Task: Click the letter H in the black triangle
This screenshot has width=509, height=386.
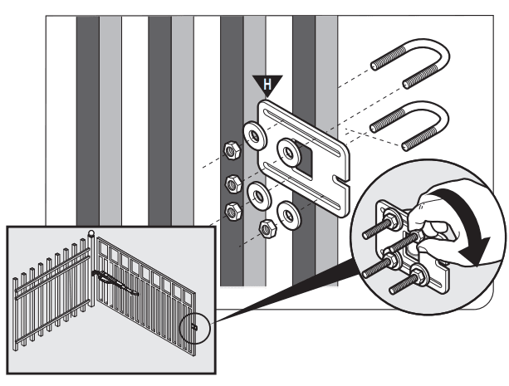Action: (x=267, y=85)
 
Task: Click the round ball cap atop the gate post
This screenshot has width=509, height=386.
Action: (x=91, y=232)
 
